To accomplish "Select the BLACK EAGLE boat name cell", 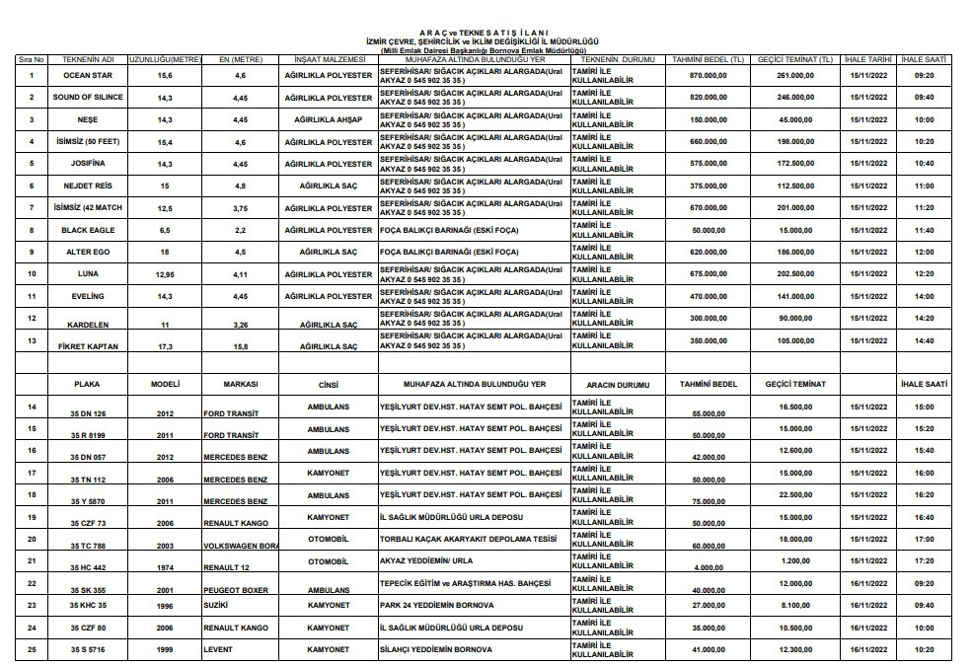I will click(88, 230).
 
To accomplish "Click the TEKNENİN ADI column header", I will click(90, 60).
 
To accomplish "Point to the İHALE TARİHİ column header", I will click(867, 60).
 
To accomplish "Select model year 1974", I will click(164, 568).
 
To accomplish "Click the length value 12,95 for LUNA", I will click(165, 273).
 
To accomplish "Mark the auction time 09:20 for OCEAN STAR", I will click(924, 75).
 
